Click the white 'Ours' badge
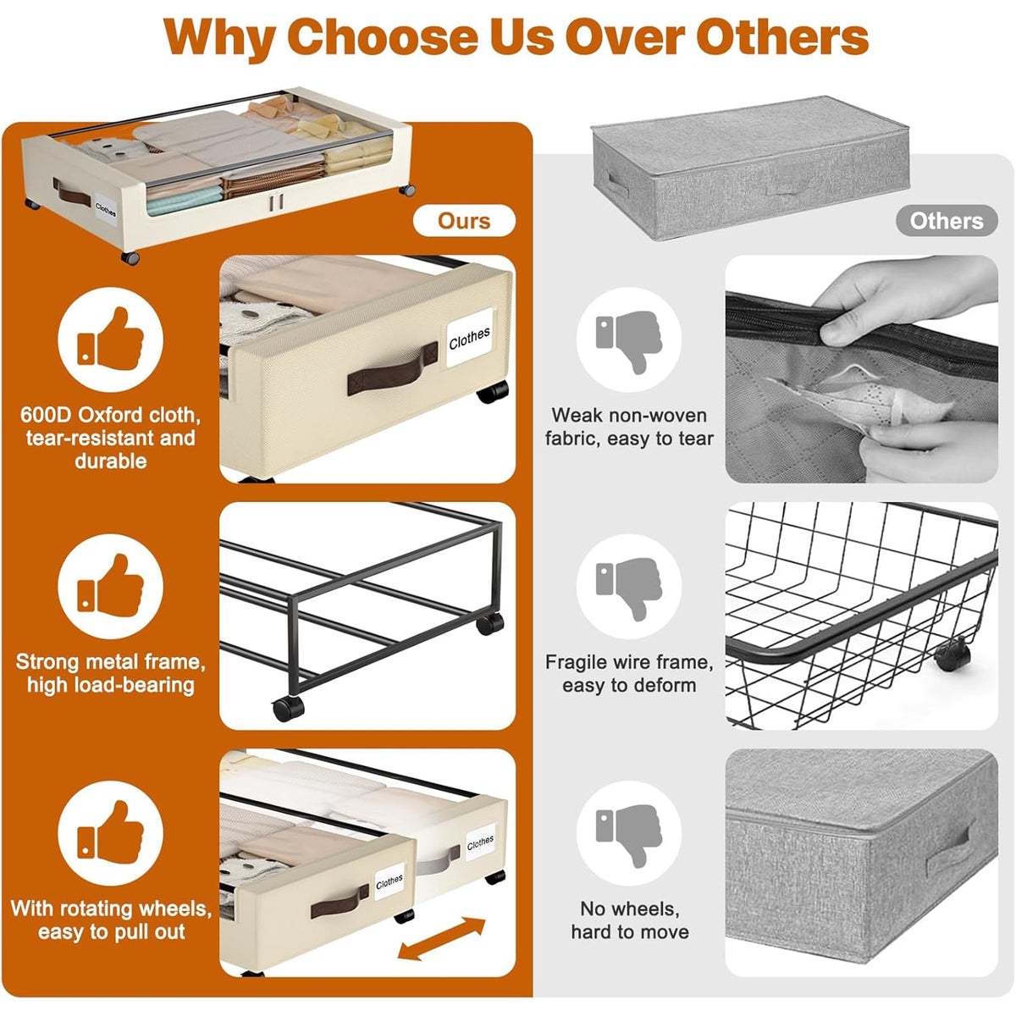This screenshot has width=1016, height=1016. coord(464,220)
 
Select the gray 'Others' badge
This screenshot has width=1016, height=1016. coord(947,220)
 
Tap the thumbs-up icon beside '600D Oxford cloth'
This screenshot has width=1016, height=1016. coord(110,339)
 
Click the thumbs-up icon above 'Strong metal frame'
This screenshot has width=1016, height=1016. coord(110,586)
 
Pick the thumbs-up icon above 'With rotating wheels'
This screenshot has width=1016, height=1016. coord(110,832)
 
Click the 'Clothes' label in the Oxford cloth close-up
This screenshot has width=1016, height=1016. coord(469,338)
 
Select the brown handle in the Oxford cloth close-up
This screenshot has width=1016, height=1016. coord(393,368)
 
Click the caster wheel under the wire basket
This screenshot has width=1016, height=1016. coord(952,654)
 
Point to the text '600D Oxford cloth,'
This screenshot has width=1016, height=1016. coord(110,416)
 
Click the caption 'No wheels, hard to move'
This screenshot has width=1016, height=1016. coord(630,920)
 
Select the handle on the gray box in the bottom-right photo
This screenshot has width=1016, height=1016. coord(947,851)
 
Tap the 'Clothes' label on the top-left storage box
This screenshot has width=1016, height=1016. coord(106,210)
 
